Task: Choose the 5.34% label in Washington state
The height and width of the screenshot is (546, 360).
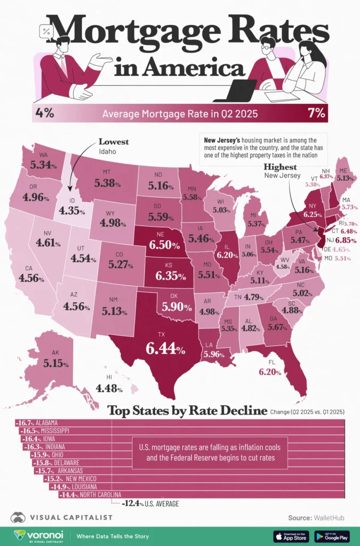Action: pyautogui.click(x=43, y=164)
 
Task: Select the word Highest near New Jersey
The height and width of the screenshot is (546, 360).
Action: pyautogui.click(x=281, y=166)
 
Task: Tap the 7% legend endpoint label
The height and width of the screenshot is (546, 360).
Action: pyautogui.click(x=316, y=113)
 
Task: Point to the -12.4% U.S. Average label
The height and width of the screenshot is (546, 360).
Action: pyautogui.click(x=150, y=503)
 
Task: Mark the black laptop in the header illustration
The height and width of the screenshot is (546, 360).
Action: pyautogui.click(x=233, y=91)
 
